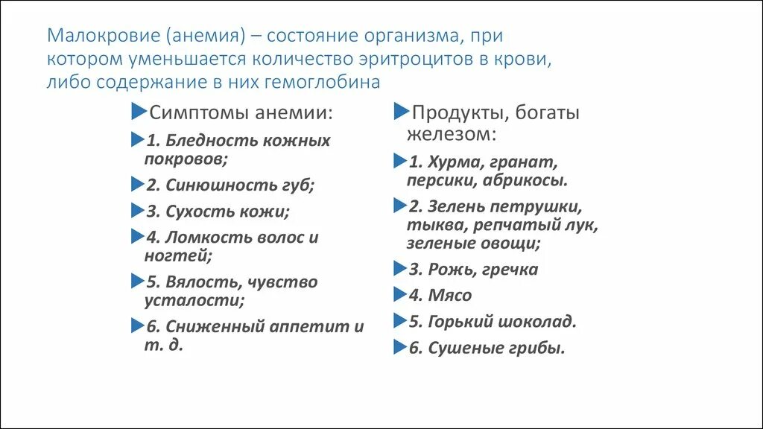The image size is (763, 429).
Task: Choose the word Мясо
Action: [x=450, y=296]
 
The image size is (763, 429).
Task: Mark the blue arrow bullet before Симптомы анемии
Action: [x=139, y=112]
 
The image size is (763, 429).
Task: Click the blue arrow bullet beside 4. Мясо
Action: [x=399, y=293]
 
